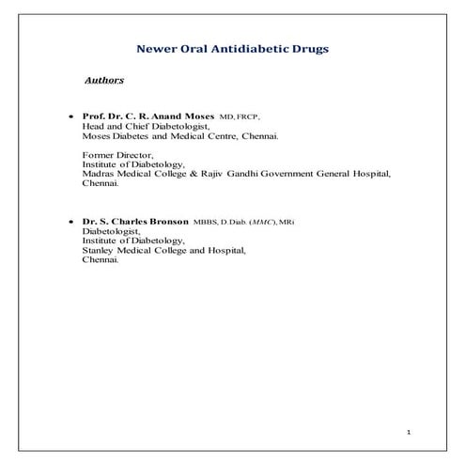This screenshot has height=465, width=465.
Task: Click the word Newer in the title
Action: click(x=155, y=48)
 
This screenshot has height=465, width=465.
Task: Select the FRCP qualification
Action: click(x=247, y=116)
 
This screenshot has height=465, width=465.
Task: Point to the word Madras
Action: click(x=100, y=174)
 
